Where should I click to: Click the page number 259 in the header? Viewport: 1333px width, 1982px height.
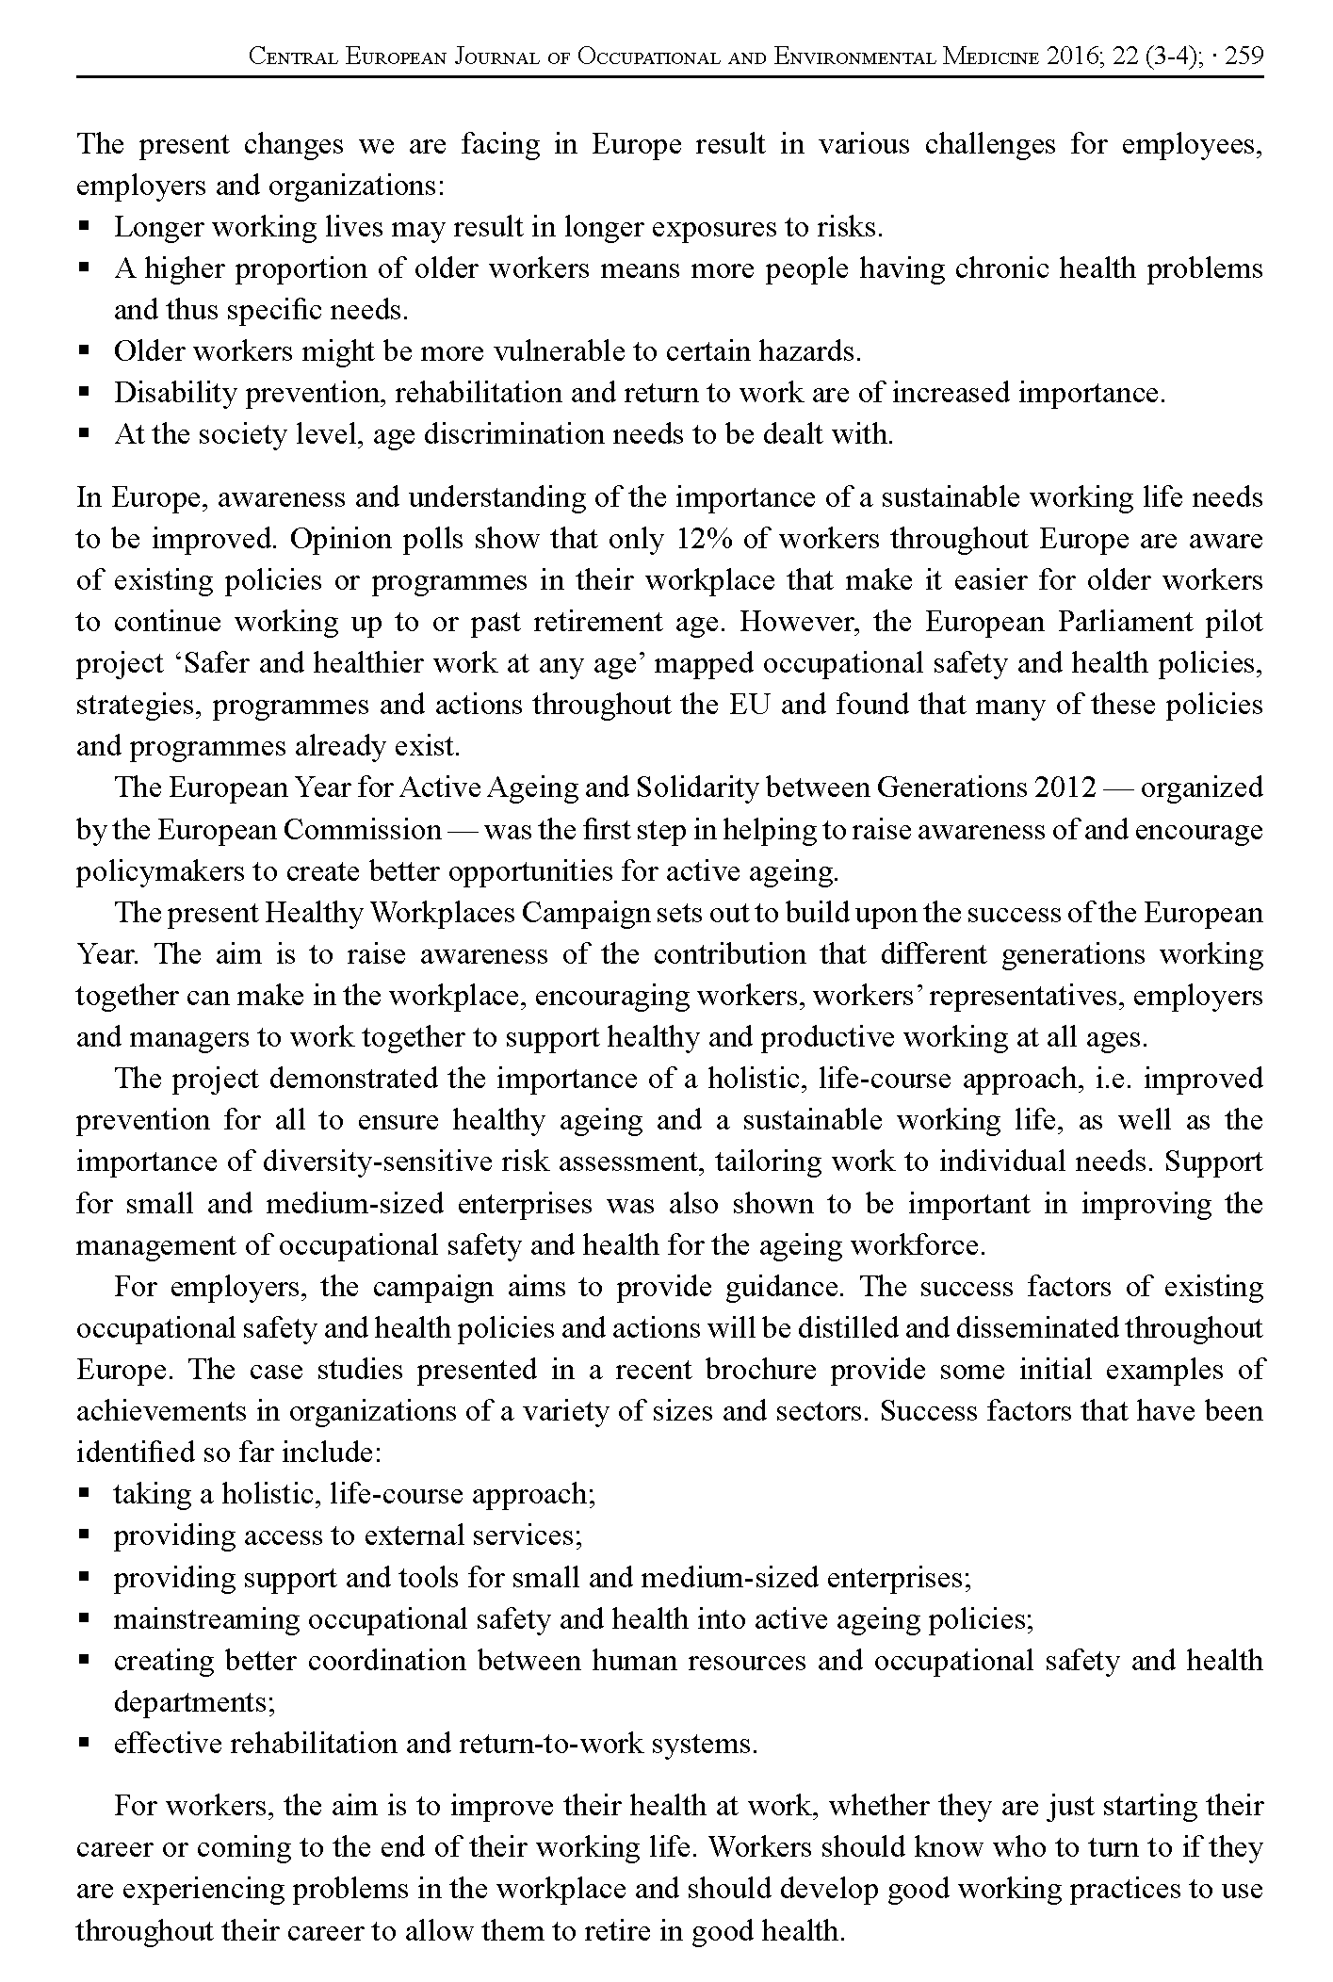pos(1244,57)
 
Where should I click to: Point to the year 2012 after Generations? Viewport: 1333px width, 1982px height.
pos(1065,788)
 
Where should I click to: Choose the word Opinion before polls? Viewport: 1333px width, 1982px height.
pos(333,540)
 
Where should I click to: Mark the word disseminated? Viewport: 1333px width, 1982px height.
pos(1022,1328)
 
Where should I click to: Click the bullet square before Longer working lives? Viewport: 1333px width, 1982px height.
pos(84,227)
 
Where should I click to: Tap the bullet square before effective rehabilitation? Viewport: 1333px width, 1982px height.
pos(84,1744)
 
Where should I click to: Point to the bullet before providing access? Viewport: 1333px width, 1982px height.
pos(84,1535)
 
